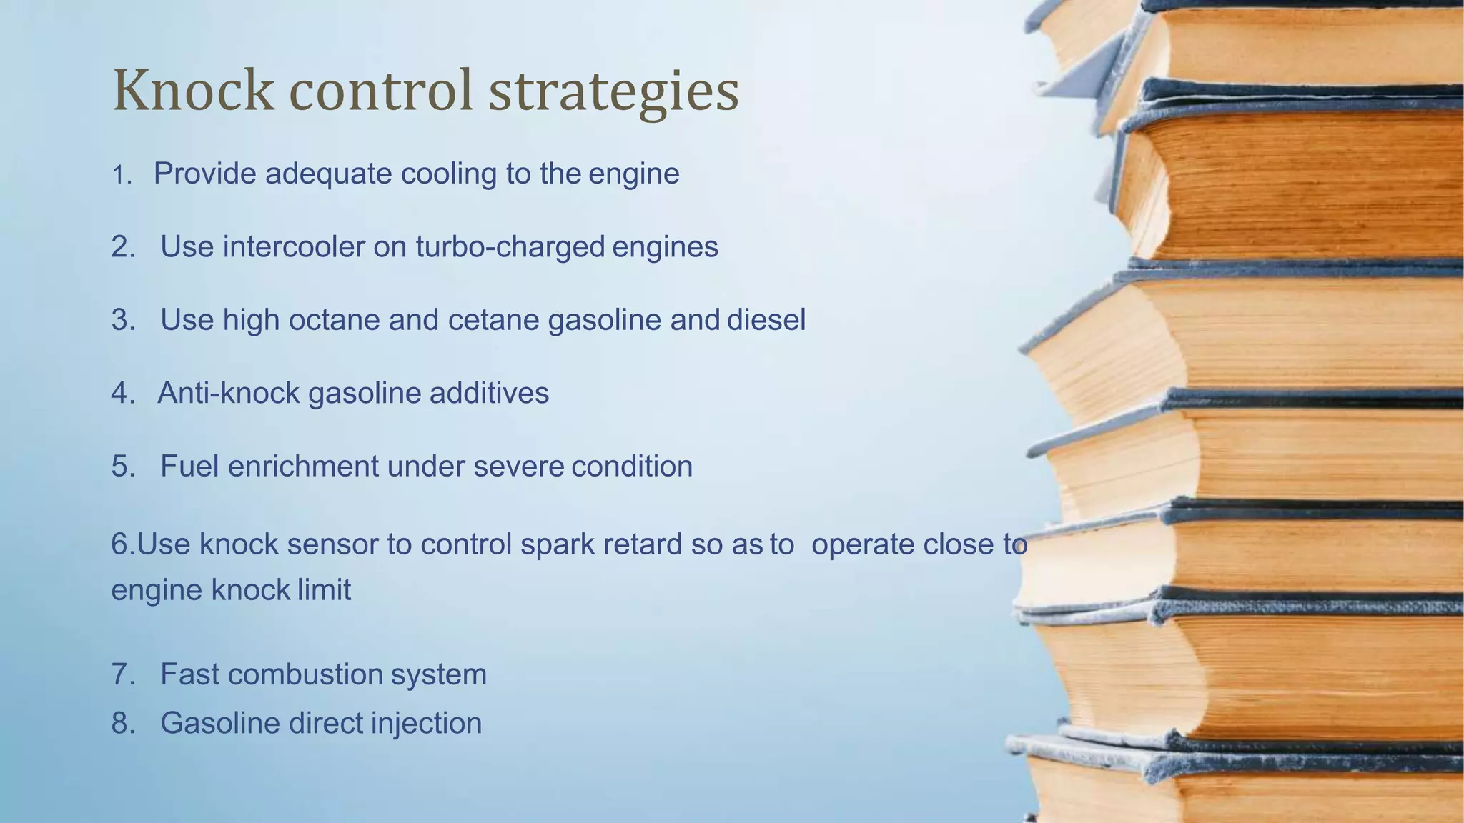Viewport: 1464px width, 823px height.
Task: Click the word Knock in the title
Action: pos(193,91)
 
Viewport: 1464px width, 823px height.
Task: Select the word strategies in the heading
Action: pos(613,93)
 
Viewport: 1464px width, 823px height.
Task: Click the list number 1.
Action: pos(122,175)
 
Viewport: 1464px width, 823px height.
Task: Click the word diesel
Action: pos(766,320)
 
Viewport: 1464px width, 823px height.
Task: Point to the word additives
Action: pos(489,393)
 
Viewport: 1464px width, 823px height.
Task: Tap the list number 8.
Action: pos(122,723)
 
